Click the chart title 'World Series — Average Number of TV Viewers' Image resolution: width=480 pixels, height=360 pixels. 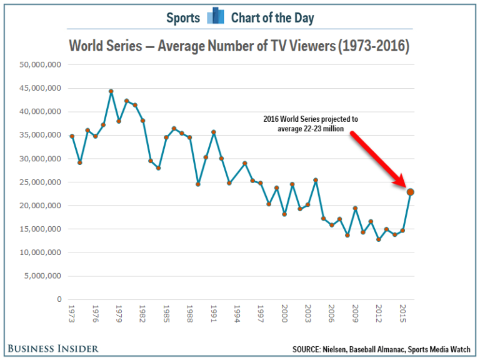(x=239, y=46)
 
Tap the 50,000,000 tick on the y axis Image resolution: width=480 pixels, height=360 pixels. (x=39, y=64)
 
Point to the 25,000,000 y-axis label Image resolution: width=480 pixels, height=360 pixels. (x=39, y=182)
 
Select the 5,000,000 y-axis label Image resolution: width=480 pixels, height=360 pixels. (x=42, y=276)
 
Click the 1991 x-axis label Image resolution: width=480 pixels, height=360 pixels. (x=213, y=312)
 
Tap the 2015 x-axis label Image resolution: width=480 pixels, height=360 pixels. (x=402, y=312)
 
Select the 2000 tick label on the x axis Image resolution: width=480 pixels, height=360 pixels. (x=284, y=312)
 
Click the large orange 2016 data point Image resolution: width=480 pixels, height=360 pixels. (x=410, y=192)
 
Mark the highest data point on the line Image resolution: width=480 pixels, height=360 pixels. (x=111, y=91)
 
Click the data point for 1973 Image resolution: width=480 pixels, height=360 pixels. (x=72, y=136)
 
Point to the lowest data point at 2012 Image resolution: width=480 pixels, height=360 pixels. (x=379, y=239)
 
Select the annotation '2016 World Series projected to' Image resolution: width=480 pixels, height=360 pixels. (x=311, y=119)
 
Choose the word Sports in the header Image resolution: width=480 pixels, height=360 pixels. (x=182, y=17)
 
